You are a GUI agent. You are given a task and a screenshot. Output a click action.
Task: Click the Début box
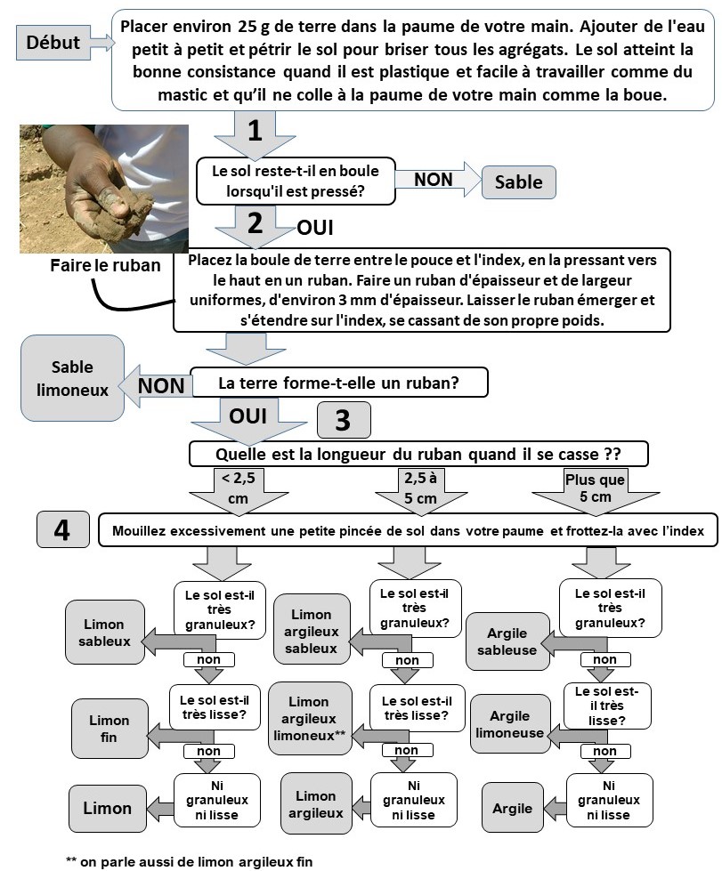[x=53, y=42]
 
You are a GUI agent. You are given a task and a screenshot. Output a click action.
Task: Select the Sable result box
[x=518, y=181]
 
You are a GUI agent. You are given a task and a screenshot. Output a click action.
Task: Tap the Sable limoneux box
[x=72, y=378]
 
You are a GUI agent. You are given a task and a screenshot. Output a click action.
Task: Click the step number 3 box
[x=343, y=421]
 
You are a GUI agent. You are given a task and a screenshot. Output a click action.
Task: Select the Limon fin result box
[x=109, y=728]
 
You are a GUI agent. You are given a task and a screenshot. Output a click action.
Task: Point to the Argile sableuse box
[x=507, y=641]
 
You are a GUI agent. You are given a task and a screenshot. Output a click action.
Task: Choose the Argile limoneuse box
[x=509, y=724]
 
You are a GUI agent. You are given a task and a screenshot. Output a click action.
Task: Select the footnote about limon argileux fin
[x=190, y=860]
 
